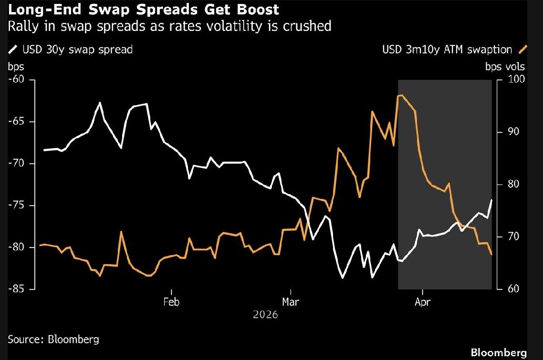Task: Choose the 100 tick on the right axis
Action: pos(512,79)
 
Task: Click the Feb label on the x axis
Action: pos(171,302)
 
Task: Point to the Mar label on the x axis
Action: pos(291,302)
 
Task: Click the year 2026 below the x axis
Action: pos(265,315)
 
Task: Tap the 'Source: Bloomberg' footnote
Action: pos(53,339)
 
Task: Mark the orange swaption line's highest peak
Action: pos(400,95)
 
